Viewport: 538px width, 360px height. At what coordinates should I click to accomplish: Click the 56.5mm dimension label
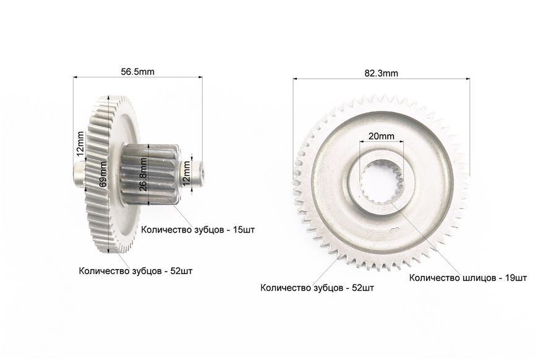coord(137,72)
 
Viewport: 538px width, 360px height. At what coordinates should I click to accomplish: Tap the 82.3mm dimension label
coord(381,73)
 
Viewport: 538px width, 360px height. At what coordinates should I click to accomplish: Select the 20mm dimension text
coord(381,136)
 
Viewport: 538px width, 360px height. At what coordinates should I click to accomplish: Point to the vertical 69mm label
coord(103,174)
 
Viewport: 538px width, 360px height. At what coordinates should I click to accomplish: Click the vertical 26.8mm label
coord(143,174)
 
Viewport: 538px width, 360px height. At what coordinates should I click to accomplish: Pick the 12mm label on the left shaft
coord(80,144)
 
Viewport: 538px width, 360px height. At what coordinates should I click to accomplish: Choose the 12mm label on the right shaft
coord(186,173)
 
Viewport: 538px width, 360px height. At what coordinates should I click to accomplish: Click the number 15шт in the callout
coord(244,229)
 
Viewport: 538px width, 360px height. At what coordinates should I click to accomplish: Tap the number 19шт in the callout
coord(516,278)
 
